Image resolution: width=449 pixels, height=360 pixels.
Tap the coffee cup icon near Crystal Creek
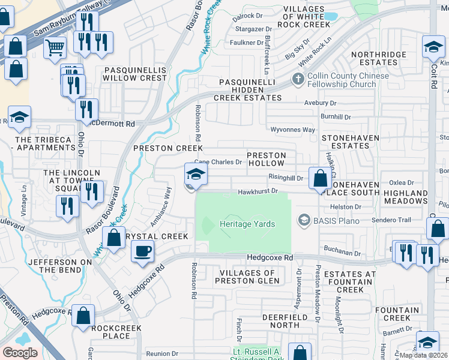[x=142, y=251]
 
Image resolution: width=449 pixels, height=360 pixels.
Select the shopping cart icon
[x=55, y=46]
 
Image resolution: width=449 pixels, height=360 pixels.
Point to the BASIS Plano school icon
[x=305, y=221]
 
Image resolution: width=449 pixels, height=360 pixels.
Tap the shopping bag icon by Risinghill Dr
[x=321, y=178]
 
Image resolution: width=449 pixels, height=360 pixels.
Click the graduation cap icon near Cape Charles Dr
[x=196, y=175]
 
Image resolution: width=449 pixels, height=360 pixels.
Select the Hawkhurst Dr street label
[x=258, y=191]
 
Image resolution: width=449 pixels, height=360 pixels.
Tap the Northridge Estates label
[x=379, y=58]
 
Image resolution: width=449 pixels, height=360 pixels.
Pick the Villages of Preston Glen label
[x=247, y=277]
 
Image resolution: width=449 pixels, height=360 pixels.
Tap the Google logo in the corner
[x=20, y=353]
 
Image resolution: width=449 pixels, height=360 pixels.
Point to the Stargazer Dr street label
[x=253, y=29]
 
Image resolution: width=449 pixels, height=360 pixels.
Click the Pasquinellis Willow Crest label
[x=136, y=74]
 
